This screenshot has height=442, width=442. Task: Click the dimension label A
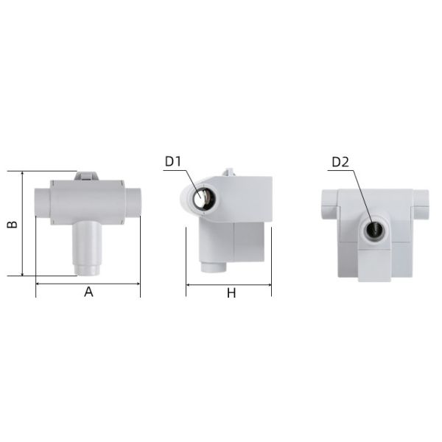point(88,292)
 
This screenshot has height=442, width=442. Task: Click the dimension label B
point(13,224)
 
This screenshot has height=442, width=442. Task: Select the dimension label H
point(231,293)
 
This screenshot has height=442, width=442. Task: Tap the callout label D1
point(173,161)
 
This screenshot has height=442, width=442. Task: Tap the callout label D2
point(340,162)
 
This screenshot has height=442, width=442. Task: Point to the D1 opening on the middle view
point(204,196)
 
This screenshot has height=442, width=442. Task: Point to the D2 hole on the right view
point(375,230)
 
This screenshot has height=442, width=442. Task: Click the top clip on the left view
point(86,176)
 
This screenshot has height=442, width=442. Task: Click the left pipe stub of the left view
point(43,203)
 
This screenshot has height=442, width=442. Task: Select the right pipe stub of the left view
point(133,203)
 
